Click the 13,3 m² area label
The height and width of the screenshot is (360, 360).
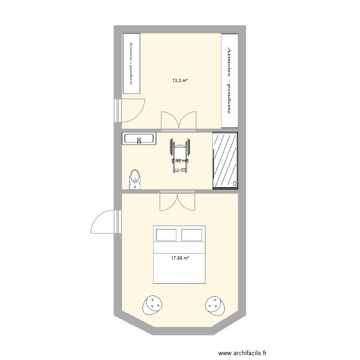pos(180,81)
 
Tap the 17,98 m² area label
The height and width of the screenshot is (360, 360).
pos(180,258)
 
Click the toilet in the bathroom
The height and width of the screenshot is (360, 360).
pos(135,179)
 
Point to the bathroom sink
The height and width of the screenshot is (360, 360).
pos(139,139)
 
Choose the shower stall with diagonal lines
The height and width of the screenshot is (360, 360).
pos(225,160)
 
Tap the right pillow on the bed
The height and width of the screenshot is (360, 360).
pos(192,235)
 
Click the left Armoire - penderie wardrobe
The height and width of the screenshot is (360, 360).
pos(131,63)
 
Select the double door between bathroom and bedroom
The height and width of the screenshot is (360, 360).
pos(178,201)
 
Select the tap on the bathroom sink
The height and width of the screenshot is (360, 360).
pos(138,141)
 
